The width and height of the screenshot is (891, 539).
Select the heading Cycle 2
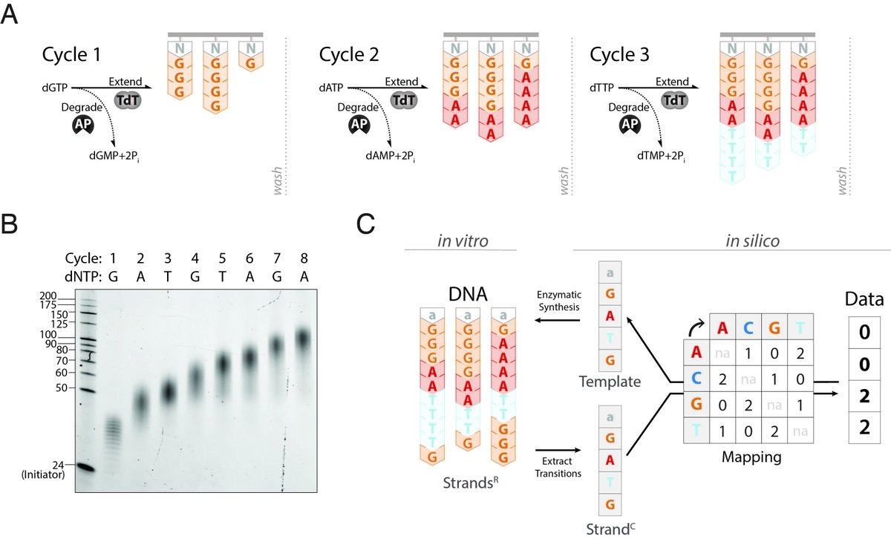(349, 54)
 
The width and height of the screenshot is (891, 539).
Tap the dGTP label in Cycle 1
(54, 88)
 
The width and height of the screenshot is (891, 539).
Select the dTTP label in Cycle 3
(602, 88)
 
